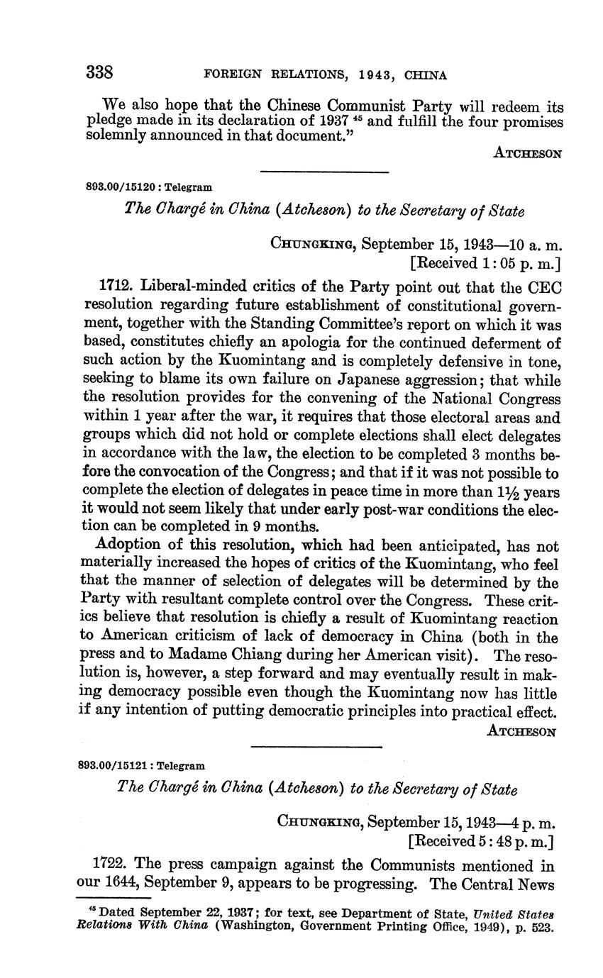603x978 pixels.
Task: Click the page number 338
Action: coord(100,72)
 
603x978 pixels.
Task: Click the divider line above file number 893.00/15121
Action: coord(316,745)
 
